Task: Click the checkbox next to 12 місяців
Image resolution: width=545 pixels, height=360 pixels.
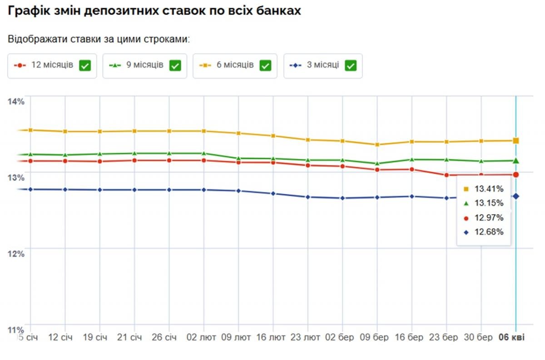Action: click(85, 65)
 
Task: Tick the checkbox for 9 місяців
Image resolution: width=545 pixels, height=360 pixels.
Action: click(175, 65)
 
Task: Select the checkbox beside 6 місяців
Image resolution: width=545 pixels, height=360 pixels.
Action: click(265, 65)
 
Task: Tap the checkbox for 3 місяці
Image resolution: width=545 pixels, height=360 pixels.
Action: click(351, 65)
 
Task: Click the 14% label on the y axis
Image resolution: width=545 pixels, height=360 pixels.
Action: click(16, 101)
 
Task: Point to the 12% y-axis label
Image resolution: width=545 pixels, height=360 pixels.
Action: click(16, 253)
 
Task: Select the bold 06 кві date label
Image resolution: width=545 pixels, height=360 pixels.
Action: click(511, 338)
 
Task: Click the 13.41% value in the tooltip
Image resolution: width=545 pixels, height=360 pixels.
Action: click(489, 189)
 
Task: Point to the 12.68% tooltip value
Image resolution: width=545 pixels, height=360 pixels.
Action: click(489, 232)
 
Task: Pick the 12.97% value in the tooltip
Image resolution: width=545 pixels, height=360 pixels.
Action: click(489, 218)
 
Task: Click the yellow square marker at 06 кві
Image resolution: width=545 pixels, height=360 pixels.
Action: click(516, 140)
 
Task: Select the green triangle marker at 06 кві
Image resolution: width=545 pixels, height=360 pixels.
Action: click(516, 160)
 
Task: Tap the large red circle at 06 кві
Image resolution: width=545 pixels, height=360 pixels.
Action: click(516, 175)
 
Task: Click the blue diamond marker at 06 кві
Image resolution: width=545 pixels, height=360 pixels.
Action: click(516, 196)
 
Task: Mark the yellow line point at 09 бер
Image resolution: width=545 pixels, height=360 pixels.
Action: click(377, 145)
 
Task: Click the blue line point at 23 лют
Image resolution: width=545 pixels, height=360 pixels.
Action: click(307, 197)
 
